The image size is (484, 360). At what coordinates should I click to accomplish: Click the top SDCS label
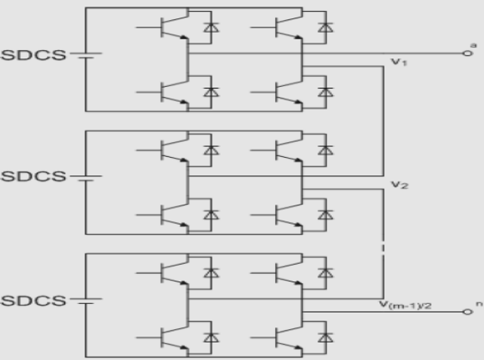(x=34, y=55)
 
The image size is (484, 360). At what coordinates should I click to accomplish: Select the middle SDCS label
(x=34, y=176)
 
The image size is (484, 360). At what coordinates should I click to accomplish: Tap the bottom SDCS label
(x=34, y=301)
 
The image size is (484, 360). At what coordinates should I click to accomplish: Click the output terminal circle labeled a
(x=467, y=53)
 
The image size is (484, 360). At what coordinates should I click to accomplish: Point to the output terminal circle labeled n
(x=467, y=312)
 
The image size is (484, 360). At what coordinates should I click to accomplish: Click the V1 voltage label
(x=400, y=62)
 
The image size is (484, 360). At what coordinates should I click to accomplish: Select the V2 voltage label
(x=400, y=185)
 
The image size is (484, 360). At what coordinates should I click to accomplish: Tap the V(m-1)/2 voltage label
(x=405, y=305)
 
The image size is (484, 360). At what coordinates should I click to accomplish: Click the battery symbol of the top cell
(x=86, y=55)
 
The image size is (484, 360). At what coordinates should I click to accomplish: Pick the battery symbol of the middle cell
(x=86, y=178)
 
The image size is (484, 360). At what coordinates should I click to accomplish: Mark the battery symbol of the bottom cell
(x=86, y=301)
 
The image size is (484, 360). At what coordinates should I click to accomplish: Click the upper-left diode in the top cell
(x=211, y=28)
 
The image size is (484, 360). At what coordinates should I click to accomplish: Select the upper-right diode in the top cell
(x=326, y=28)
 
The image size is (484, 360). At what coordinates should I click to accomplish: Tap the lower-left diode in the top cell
(x=211, y=92)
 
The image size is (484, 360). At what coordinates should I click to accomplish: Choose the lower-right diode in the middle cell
(x=326, y=215)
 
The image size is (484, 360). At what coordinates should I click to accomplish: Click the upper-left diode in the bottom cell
(x=211, y=273)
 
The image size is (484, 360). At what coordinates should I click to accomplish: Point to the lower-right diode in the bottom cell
(x=326, y=337)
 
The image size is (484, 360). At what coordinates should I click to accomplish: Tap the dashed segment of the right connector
(x=384, y=248)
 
